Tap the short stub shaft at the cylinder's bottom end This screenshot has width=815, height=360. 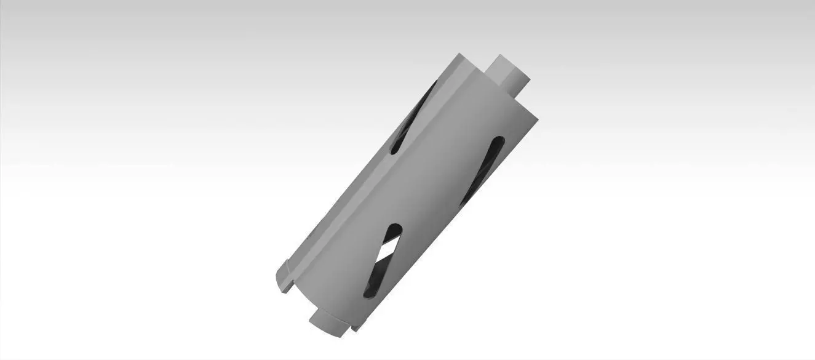coord(327,323)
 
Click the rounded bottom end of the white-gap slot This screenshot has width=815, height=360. coord(368,294)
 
